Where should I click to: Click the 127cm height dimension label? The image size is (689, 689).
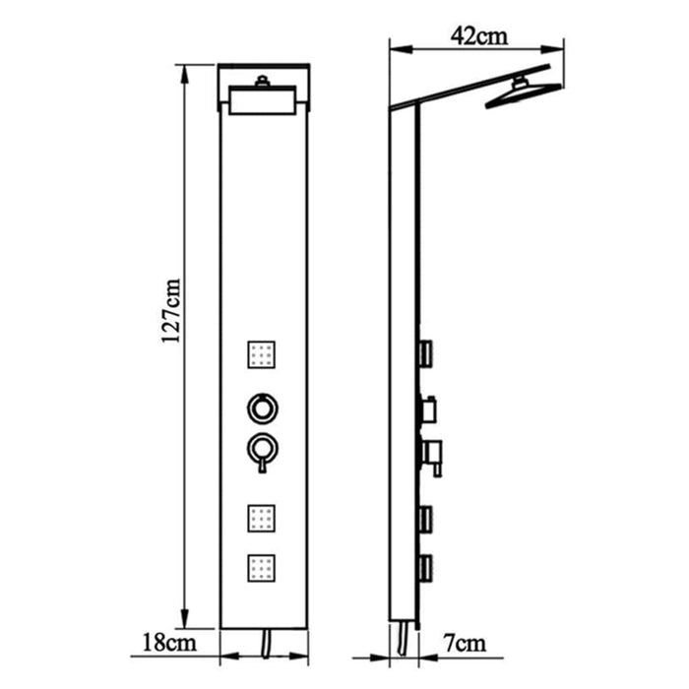172,308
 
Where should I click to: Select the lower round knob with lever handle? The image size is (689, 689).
263,451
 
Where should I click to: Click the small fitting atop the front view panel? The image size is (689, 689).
263,83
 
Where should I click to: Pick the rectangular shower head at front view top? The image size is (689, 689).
263,102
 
